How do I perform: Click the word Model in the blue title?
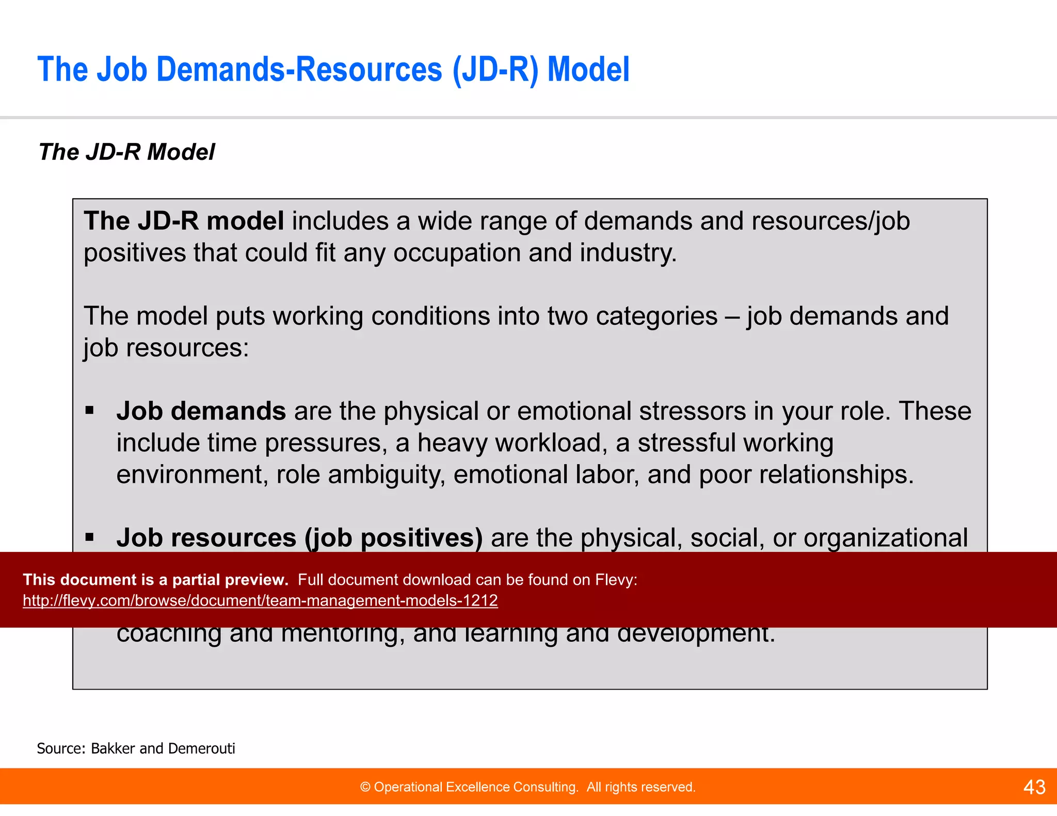click(588, 70)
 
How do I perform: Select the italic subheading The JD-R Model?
click(126, 152)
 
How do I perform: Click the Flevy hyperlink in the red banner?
click(260, 600)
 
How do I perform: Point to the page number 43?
click(1034, 787)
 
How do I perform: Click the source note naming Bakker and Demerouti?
click(136, 748)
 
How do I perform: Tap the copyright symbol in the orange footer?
click(365, 787)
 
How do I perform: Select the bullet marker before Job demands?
click(90, 411)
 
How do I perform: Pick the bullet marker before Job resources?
click(90, 537)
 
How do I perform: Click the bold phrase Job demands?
click(201, 411)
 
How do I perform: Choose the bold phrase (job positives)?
click(393, 538)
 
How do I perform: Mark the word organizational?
click(885, 538)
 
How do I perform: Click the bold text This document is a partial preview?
click(155, 580)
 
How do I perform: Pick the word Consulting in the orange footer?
click(547, 787)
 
